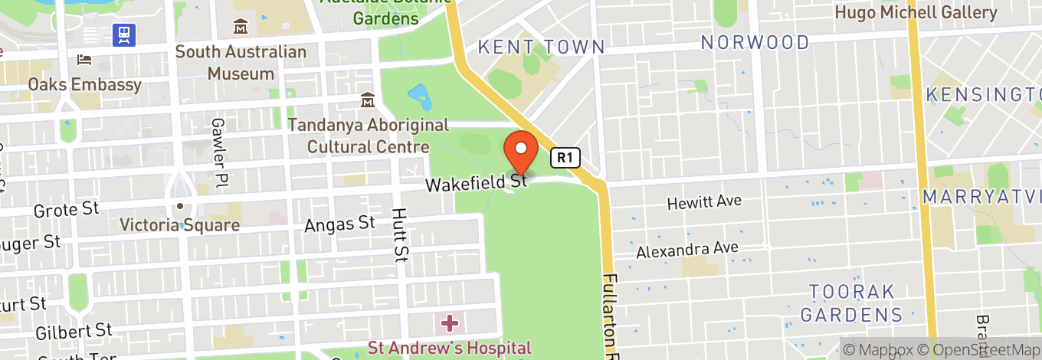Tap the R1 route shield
565,158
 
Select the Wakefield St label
477,184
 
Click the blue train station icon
123,34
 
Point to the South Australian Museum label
241,63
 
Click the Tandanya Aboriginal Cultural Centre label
368,136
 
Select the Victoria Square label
180,225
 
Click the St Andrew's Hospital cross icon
449,322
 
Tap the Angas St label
339,224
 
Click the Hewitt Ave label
704,202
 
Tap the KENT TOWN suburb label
541,47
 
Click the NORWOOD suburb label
755,42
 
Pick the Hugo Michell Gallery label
916,12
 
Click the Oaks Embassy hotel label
84,84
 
